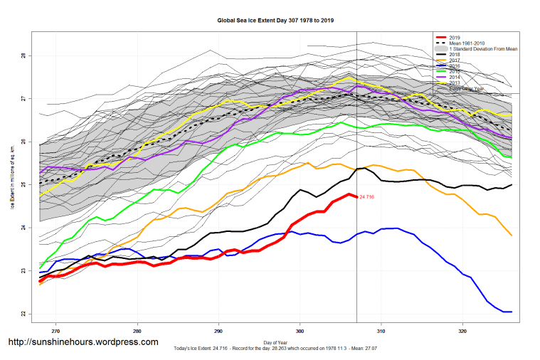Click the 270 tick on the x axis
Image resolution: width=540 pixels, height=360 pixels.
click(55, 331)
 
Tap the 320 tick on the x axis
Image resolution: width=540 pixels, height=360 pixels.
click(462, 331)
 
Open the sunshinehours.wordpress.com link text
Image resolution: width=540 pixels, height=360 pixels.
click(83, 342)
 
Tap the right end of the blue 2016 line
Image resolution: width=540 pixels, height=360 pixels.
click(512, 312)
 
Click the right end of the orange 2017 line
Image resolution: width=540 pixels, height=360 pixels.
click(512, 235)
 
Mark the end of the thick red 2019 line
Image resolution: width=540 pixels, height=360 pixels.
click(356, 196)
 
